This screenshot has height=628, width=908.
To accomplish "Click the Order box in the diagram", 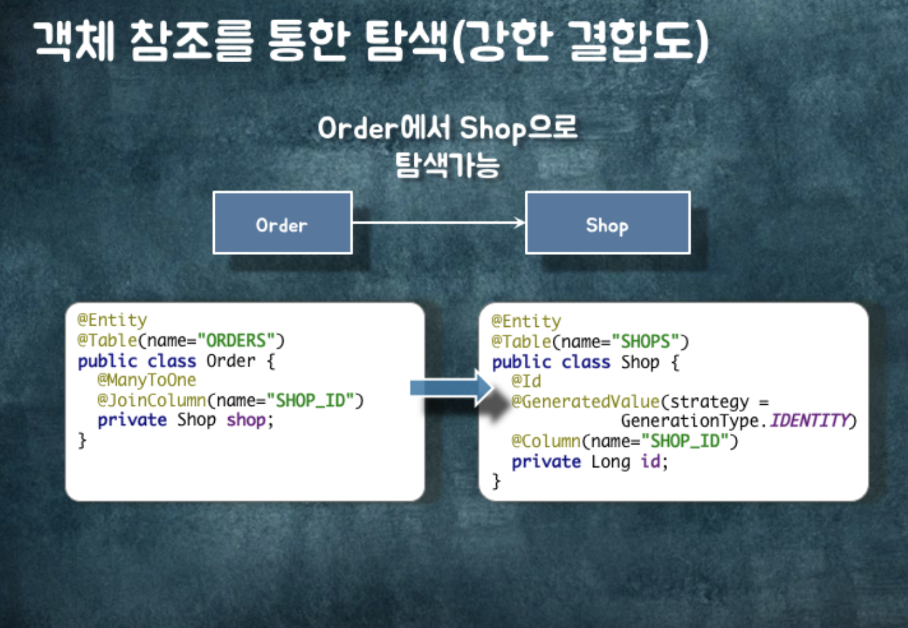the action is tap(282, 223).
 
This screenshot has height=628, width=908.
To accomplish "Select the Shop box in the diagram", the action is tap(607, 223).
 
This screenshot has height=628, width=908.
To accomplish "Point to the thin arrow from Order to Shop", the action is tap(438, 223).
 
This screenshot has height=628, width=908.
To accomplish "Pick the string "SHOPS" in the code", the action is tap(646, 341).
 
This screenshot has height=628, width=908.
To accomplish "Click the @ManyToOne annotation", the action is tap(146, 380).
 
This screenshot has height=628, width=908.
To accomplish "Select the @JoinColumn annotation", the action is tap(151, 401).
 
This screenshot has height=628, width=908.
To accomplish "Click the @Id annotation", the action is tap(526, 382).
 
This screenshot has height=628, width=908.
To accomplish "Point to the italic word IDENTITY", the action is tap(809, 421).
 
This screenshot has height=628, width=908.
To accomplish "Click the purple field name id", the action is tap(650, 462).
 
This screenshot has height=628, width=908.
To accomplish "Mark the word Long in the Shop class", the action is tap(610, 462).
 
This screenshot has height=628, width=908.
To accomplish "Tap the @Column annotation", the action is tap(546, 441).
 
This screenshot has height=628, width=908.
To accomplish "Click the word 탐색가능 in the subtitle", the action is tap(447, 165).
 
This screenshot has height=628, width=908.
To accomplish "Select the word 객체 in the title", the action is tap(74, 40).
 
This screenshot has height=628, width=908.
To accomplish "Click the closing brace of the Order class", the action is tap(82, 440).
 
